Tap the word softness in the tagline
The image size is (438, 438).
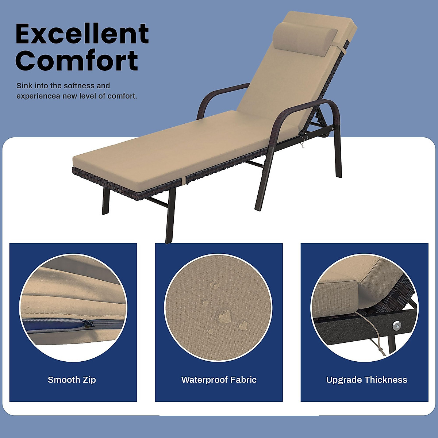79,86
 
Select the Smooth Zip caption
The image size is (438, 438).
72,380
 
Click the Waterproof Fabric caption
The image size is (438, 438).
219,380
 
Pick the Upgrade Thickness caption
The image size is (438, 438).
366,380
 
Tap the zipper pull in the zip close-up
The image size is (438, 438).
87,323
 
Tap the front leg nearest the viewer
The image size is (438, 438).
170,215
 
